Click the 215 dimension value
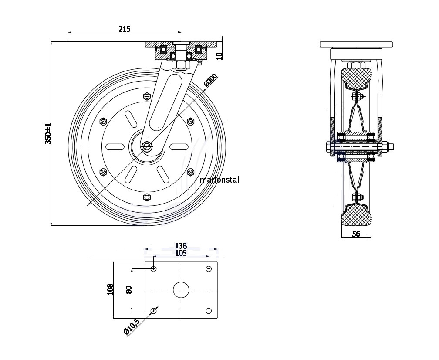point(125,29)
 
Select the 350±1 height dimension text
point(48,134)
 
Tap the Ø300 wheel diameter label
point(211,79)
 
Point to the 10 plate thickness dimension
point(219,56)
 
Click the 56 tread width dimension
point(356,234)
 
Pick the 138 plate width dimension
point(181,246)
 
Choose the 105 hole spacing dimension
point(181,253)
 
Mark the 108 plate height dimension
point(110,289)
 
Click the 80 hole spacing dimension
point(129,290)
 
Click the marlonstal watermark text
point(219,180)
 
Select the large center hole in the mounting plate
point(181,290)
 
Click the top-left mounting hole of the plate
point(153,269)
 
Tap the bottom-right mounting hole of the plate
point(209,311)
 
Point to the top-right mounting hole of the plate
point(209,269)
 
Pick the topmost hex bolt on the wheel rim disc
point(147,96)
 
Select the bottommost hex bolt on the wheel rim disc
point(147,197)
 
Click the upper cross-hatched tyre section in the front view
point(356,77)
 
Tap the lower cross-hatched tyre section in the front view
point(356,214)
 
